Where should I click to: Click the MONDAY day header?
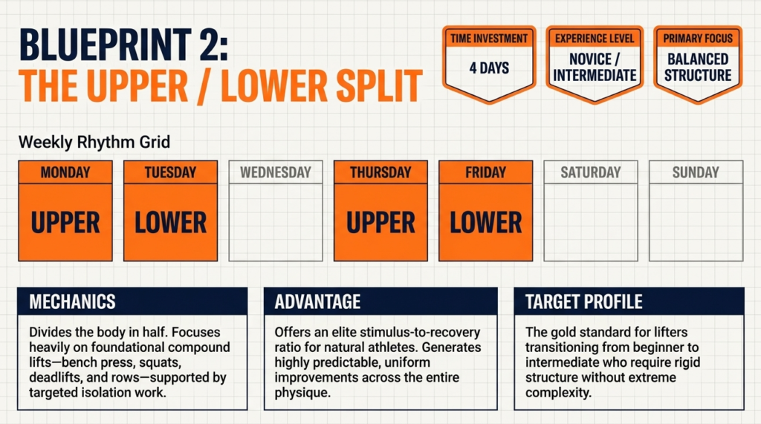point(65,172)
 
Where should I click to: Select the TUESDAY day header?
point(170,172)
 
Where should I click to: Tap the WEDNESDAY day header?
point(276,172)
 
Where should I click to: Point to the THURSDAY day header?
point(380,172)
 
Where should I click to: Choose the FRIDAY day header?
point(486,172)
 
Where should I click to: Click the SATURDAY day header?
point(591,172)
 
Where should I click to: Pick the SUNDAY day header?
point(696,172)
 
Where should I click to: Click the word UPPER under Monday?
point(65,222)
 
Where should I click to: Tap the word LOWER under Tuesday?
point(170,222)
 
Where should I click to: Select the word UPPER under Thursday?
point(380,222)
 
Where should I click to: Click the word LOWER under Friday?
point(486,222)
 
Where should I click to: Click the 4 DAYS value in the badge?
point(489,68)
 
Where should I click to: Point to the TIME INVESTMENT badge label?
point(489,38)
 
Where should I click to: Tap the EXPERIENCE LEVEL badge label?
point(595,38)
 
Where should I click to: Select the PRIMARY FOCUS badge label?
point(698,38)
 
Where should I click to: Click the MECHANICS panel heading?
point(72,301)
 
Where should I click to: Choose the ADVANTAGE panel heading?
point(317,301)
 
